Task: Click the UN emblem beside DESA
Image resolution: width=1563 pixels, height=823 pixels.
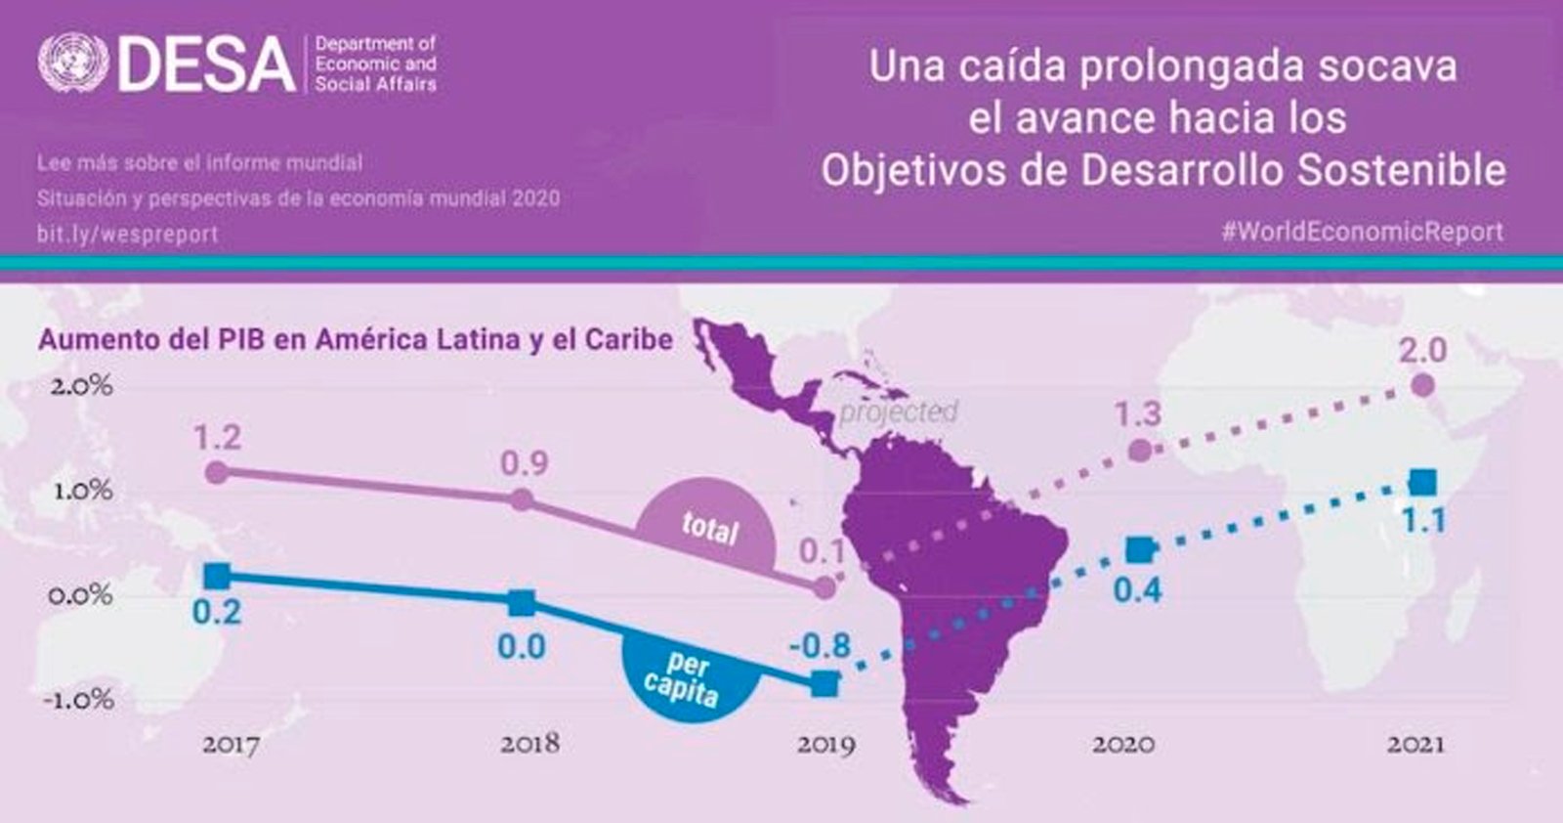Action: click(73, 63)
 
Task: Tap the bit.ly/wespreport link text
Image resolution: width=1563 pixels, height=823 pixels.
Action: click(128, 234)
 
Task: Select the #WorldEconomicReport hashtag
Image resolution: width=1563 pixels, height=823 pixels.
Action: click(1362, 232)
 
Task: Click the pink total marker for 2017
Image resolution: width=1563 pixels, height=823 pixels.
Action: click(218, 472)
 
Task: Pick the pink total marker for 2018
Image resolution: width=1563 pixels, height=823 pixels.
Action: click(522, 499)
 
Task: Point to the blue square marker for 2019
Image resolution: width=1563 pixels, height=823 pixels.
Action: click(824, 684)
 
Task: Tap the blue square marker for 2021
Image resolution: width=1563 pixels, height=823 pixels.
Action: click(1422, 482)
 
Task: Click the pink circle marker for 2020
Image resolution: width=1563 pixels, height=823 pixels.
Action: click(1139, 451)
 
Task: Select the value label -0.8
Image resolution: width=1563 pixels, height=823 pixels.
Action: click(820, 646)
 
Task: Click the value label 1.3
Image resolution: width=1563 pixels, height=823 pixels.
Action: click(1137, 413)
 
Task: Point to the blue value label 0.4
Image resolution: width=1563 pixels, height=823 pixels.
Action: click(1137, 590)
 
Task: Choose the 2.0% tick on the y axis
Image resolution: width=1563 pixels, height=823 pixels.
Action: click(82, 385)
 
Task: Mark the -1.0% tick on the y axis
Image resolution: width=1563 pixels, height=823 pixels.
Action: click(78, 699)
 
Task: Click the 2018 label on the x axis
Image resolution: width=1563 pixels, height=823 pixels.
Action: click(529, 744)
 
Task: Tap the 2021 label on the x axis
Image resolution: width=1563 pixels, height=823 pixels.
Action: click(1415, 744)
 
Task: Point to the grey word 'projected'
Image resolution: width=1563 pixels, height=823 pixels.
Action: click(899, 412)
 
